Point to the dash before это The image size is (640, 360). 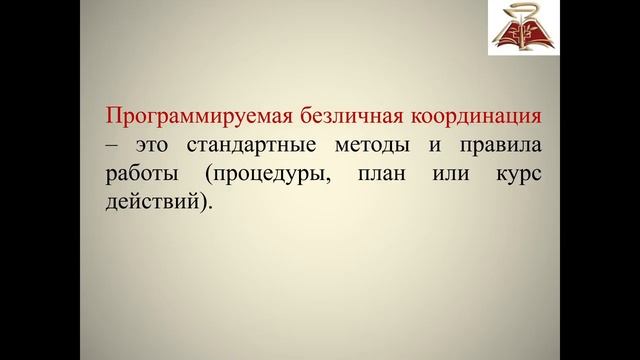[x=109, y=146]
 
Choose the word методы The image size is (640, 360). [x=370, y=146]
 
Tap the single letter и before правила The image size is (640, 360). [x=435, y=146]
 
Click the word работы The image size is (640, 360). [x=139, y=173]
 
